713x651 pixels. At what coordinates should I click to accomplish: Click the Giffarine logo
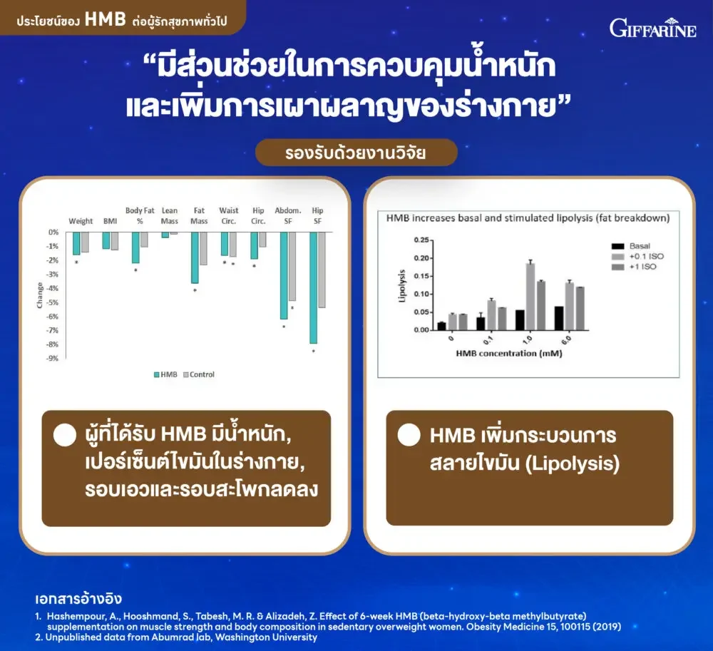652,28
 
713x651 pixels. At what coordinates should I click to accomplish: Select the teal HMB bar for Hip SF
313,288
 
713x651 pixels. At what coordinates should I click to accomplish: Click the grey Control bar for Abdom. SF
292,267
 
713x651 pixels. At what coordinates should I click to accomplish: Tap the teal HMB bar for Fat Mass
195,258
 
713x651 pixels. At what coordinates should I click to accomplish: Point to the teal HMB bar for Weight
76,243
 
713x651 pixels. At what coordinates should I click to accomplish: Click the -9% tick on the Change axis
53,358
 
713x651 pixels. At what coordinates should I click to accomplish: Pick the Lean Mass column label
170,216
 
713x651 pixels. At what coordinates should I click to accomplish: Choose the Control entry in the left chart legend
199,374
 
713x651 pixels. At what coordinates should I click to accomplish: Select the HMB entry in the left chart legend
165,374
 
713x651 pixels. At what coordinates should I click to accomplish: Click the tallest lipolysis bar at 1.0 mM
530,297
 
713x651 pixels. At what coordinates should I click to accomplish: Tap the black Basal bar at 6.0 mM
559,318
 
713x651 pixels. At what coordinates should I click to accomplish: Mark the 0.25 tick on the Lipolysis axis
421,240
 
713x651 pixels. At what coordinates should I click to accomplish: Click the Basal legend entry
631,246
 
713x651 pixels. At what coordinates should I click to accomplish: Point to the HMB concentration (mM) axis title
509,353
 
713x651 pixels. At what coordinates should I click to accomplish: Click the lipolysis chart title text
528,218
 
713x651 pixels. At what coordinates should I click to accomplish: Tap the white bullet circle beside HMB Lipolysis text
409,435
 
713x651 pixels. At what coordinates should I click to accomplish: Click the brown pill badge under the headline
356,153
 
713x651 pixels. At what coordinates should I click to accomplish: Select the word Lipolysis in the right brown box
573,463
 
